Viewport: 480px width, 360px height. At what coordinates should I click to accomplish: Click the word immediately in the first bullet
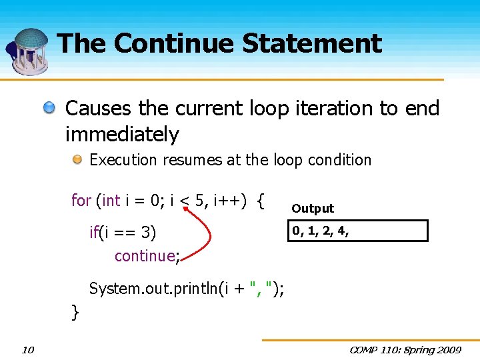[x=122, y=135]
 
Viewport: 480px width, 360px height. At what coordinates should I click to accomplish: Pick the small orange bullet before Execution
[x=78, y=160]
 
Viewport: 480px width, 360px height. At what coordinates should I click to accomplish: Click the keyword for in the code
[x=81, y=200]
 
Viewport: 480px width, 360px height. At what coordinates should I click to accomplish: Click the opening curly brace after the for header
[x=261, y=200]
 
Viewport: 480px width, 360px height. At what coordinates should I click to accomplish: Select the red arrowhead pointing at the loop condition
[x=186, y=212]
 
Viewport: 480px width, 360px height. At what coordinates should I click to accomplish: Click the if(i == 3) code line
[x=123, y=233]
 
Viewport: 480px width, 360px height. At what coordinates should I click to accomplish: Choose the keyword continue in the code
[x=145, y=256]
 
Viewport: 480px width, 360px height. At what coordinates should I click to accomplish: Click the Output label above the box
[x=313, y=209]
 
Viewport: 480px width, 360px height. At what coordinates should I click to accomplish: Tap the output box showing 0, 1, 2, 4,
[x=358, y=231]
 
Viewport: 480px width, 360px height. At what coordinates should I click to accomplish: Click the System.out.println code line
[x=187, y=289]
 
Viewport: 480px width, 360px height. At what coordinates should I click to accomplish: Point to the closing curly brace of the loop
[x=75, y=311]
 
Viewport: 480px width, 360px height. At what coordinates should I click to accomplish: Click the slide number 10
[x=28, y=350]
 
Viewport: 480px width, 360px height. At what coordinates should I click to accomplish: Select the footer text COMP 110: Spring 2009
[x=405, y=350]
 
